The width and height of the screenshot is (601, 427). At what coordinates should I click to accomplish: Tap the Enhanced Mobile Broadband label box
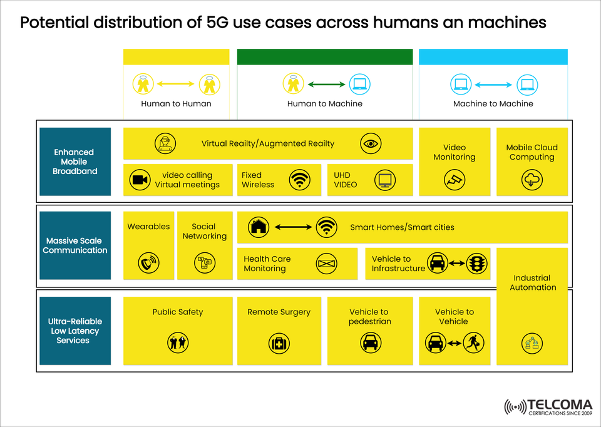(74, 162)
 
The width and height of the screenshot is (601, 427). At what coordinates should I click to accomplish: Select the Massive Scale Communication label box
(74, 245)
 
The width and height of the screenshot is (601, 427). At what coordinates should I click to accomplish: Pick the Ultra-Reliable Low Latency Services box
(74, 331)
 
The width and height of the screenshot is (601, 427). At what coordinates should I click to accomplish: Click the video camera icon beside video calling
(140, 180)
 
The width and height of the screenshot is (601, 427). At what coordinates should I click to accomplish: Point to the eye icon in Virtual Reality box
(371, 144)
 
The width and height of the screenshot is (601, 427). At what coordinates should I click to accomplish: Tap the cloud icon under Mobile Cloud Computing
(532, 180)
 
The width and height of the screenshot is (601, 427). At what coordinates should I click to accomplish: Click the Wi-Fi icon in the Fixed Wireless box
(300, 180)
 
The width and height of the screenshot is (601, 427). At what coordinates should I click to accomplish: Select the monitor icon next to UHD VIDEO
(383, 180)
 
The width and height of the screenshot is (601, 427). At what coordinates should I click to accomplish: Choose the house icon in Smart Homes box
(258, 227)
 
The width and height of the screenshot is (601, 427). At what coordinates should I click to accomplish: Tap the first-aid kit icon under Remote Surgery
(279, 342)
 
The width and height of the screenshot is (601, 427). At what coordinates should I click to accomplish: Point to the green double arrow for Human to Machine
(326, 84)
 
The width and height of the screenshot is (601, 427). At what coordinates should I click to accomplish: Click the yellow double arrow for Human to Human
(176, 84)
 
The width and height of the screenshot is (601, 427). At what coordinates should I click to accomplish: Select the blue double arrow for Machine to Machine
(493, 84)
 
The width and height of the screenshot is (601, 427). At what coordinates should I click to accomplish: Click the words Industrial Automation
(533, 282)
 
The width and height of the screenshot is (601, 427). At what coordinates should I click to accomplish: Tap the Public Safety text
(178, 312)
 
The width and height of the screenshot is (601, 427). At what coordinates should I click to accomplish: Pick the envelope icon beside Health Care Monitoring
(326, 264)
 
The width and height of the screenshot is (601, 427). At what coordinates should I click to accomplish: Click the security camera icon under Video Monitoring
(455, 180)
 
